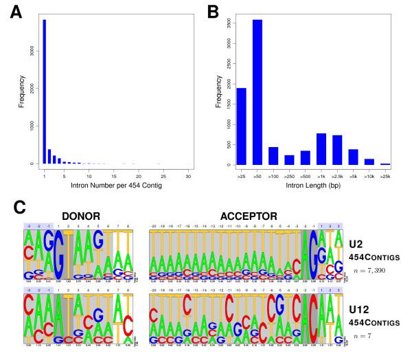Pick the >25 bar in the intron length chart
click(242, 126)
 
